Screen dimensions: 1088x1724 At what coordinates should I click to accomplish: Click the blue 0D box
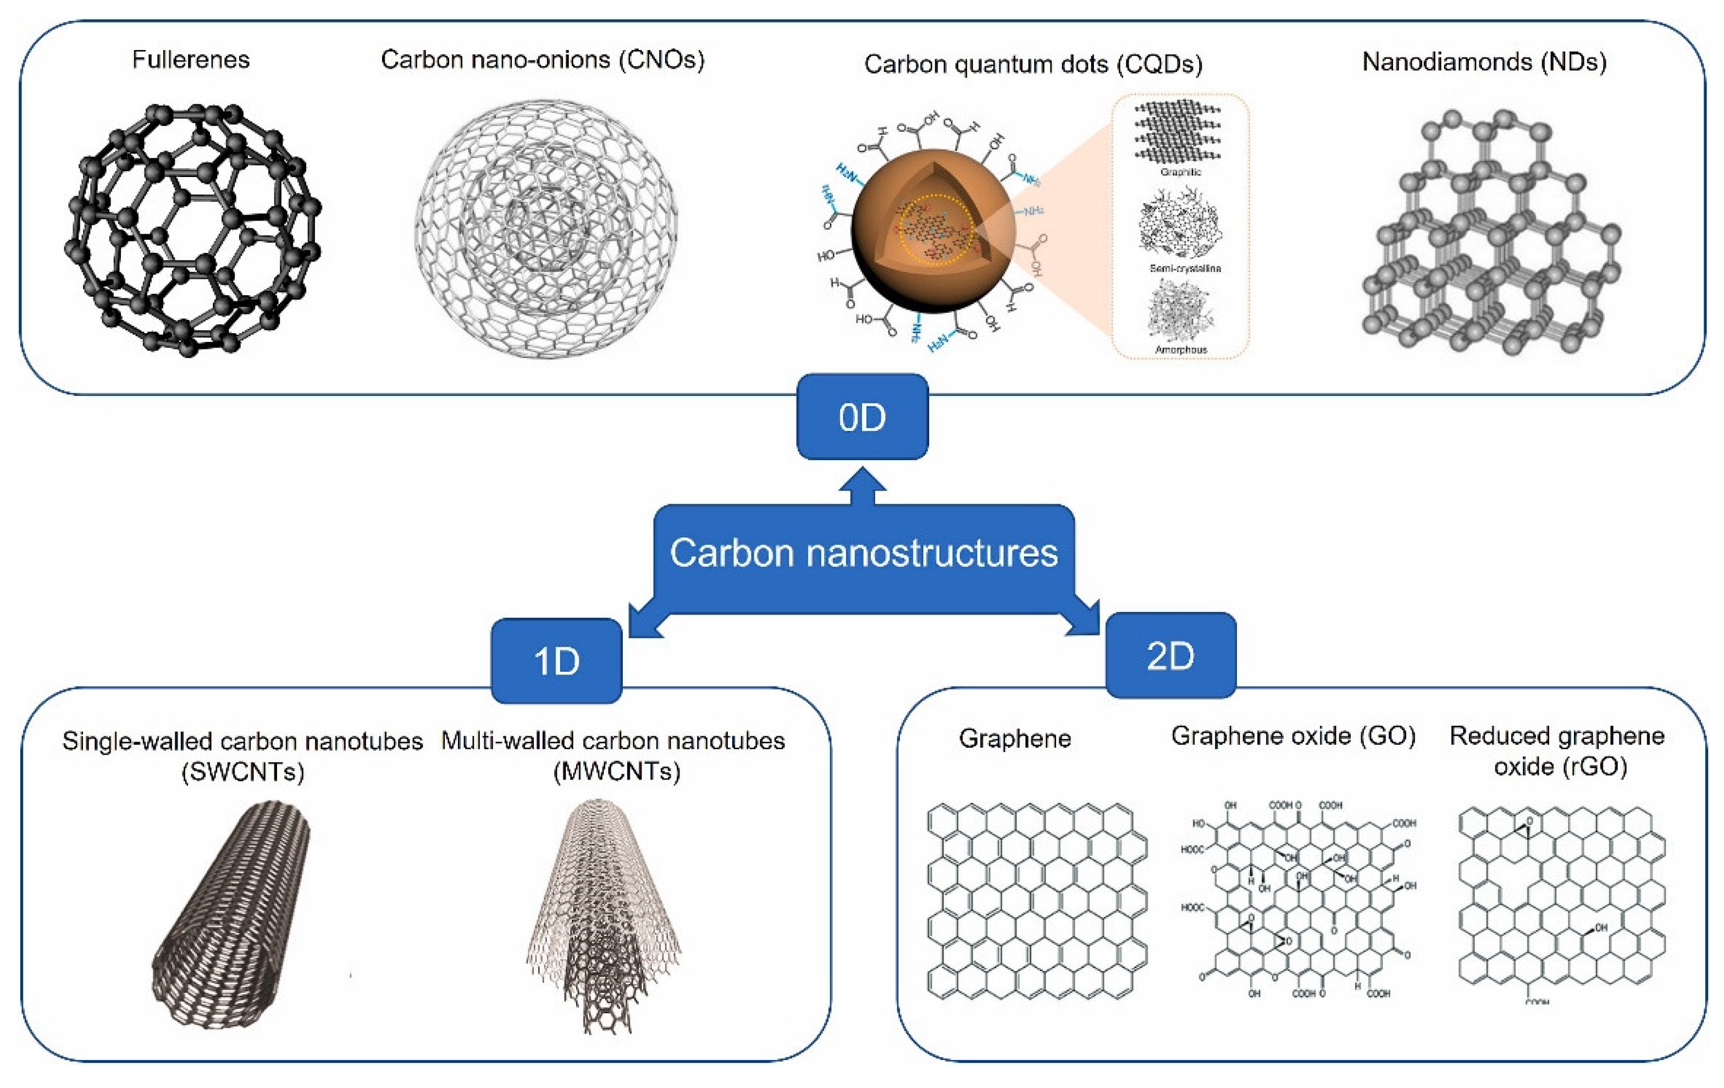pos(862,417)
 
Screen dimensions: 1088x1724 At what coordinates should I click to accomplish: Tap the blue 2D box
pos(1170,655)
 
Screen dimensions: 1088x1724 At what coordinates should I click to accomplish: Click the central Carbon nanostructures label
pos(864,553)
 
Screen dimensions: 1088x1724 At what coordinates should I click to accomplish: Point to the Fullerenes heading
pos(191,59)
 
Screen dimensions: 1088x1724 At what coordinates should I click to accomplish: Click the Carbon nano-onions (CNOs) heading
pos(543,59)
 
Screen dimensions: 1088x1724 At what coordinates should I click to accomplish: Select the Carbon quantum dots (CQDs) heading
pos(1033,64)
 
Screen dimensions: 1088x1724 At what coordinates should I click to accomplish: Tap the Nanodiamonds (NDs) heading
pos(1484,62)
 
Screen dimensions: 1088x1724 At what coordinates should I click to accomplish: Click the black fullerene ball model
pos(192,229)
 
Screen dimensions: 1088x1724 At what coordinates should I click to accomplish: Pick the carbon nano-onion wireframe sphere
pos(545,229)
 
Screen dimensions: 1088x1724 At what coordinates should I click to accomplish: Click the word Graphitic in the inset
pos(1181,173)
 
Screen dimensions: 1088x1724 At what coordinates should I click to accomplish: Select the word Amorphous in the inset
pos(1181,349)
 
